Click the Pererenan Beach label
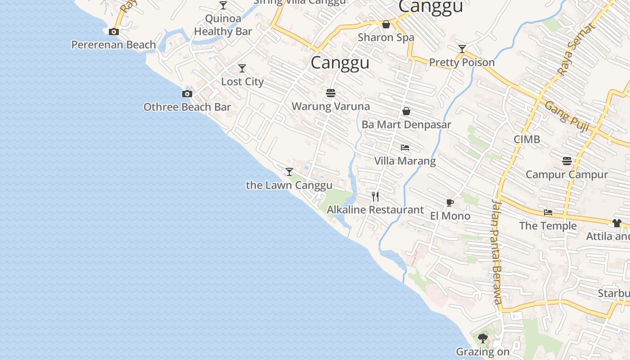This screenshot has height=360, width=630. click(114, 45)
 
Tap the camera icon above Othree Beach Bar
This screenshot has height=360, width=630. click(187, 94)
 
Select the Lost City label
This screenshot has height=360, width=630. click(242, 82)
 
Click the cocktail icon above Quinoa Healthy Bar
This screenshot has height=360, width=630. click(223, 5)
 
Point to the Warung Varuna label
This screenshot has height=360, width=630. click(331, 107)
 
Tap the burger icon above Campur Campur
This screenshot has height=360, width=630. click(567, 161)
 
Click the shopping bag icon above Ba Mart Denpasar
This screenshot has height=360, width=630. click(406, 111)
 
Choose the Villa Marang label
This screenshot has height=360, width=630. click(405, 161)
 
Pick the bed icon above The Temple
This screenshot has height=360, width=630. click(548, 212)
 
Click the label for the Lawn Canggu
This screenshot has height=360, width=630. click(289, 185)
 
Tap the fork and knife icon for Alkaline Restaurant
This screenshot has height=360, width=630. click(375, 196)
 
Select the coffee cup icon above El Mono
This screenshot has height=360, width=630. click(450, 203)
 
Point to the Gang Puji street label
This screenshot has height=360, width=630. click(567, 116)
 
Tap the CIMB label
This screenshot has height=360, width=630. click(527, 139)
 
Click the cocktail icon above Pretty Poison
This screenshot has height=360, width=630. click(462, 49)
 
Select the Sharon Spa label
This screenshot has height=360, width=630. click(386, 38)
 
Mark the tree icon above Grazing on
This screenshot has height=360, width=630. click(483, 338)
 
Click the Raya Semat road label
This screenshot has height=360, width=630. click(576, 49)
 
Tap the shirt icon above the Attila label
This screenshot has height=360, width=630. click(616, 223)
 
